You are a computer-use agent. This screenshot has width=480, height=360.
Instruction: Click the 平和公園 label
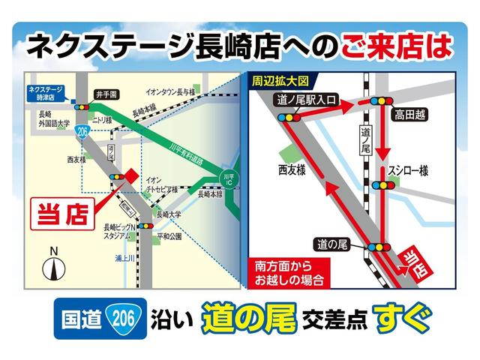click(169, 235)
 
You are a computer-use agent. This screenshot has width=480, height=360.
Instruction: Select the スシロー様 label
click(408, 171)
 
